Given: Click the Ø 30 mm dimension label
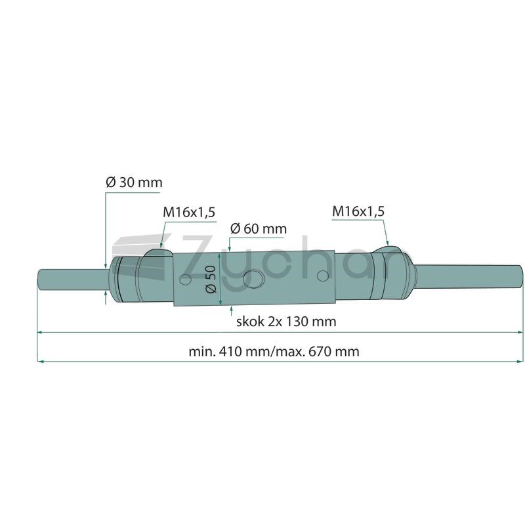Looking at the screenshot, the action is pos(134,182).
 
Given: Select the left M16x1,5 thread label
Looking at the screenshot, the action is pos(189,212).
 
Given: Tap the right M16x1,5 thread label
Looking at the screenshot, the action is pos(358,211).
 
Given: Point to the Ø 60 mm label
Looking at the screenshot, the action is pos(259,228).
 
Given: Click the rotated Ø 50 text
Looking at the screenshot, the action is pos(211,280).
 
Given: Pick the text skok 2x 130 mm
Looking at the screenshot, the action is pos(286,322).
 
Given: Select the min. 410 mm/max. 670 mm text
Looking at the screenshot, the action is pos(274,352).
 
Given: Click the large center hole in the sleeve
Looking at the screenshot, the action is pos(253,279).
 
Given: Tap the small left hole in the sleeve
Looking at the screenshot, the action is pos(186,280).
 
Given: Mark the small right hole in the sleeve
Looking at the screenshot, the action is pos(323,276).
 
